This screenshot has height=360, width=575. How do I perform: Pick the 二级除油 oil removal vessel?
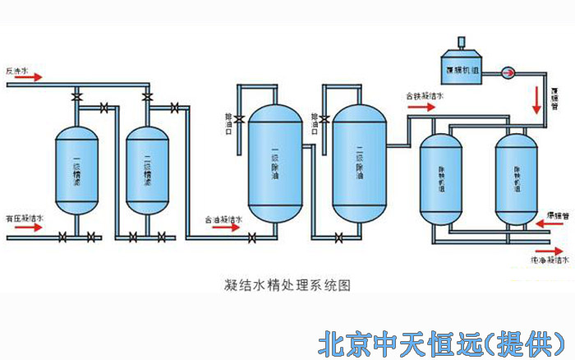pyautogui.click(x=359, y=164)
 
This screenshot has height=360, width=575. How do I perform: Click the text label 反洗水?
pyautogui.click(x=17, y=70)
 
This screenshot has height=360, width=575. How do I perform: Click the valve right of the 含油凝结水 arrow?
pyautogui.click(x=251, y=238)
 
